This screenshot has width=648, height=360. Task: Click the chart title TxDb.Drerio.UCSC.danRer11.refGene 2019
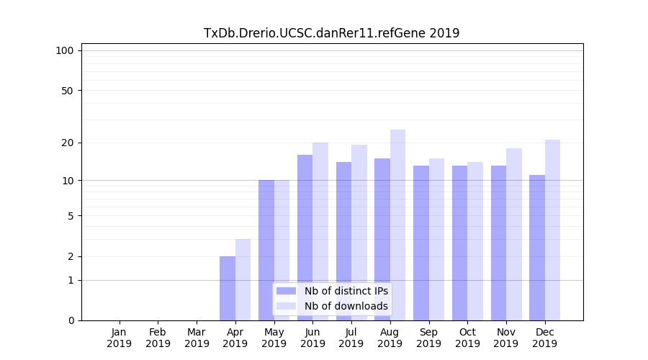point(331,33)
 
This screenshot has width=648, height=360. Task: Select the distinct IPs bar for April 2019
point(228,288)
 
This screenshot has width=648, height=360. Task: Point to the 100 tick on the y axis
point(65,50)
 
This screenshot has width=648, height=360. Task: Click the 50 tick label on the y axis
point(67,91)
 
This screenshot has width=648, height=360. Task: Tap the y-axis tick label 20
point(67,143)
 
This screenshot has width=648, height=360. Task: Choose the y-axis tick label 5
point(70,215)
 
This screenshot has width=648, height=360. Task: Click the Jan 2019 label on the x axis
point(120,338)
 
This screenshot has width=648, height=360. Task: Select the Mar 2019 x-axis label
point(197,338)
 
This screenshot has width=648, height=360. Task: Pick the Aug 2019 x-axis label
point(390,338)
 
